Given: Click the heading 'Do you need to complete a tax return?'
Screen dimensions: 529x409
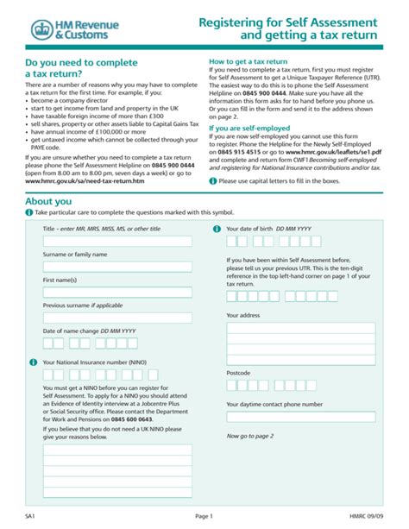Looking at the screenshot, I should (x=83, y=70).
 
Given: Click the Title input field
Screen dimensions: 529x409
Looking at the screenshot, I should (x=117, y=242).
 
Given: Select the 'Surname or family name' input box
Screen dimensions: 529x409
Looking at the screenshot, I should (x=117, y=268).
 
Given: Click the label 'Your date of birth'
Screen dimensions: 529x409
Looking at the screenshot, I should (x=255, y=229).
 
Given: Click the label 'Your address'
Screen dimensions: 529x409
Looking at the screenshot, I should (x=243, y=315).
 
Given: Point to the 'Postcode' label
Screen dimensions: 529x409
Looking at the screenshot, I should (x=239, y=372).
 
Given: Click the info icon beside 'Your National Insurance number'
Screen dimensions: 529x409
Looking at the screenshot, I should (x=35, y=362).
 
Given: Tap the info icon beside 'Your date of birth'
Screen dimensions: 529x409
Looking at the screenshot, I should (x=217, y=229).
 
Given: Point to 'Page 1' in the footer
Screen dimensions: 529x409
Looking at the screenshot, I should (x=204, y=515).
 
